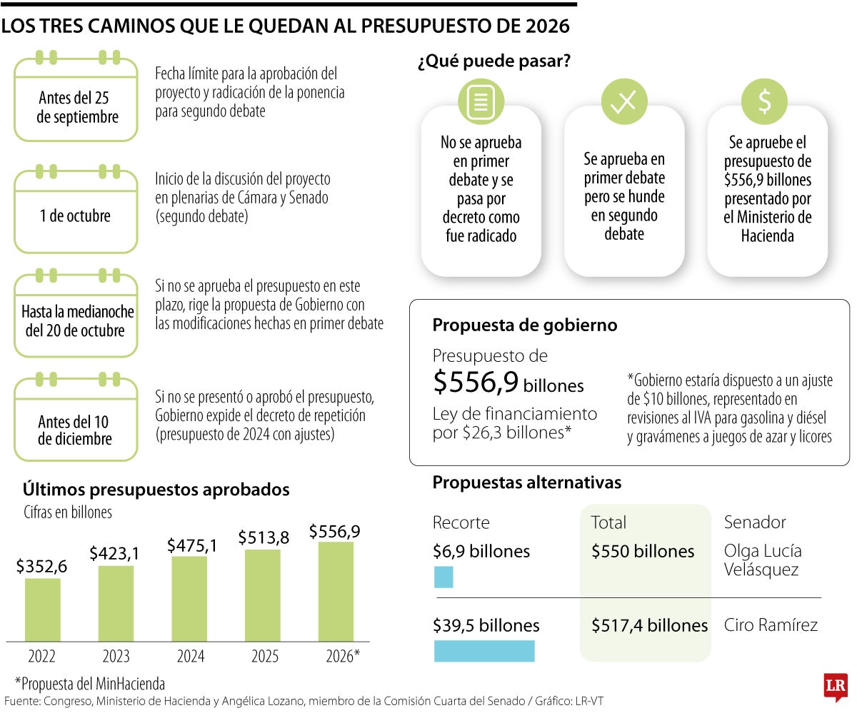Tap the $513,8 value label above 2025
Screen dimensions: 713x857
click(264, 537)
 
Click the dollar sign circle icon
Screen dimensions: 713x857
click(764, 102)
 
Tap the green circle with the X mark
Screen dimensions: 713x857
click(623, 102)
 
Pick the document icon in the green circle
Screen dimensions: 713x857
click(481, 102)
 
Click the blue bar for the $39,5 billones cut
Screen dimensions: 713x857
click(484, 650)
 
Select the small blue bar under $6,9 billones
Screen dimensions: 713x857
click(443, 577)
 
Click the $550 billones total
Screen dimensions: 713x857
click(643, 552)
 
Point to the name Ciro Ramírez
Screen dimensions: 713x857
click(771, 625)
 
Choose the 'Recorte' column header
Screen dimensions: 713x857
click(461, 522)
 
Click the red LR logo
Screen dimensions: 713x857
click(835, 686)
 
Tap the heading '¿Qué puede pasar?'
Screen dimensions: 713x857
click(493, 62)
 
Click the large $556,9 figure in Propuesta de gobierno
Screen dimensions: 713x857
click(476, 383)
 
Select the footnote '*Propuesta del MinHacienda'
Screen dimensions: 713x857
click(90, 683)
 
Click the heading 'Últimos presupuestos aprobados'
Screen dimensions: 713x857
click(156, 490)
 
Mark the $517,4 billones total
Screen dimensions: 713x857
click(649, 625)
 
